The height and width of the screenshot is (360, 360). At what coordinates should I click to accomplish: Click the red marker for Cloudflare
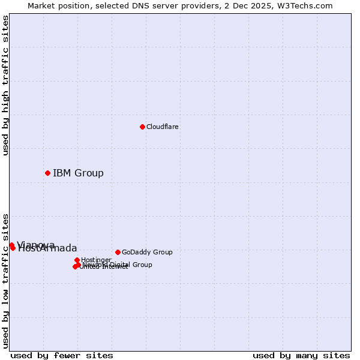[x=142, y=127]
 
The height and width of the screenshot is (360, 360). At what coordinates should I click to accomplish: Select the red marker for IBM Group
[x=47, y=173]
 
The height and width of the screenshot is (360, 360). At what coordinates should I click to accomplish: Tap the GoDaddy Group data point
[x=118, y=252]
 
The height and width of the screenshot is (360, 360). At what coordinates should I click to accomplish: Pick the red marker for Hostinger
[x=77, y=260]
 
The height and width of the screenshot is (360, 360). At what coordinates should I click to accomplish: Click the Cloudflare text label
[x=163, y=127]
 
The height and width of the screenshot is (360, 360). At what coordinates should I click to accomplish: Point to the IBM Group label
[x=78, y=173]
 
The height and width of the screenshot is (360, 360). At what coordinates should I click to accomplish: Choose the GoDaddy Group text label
[x=147, y=252]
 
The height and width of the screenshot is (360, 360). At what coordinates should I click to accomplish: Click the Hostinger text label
[x=96, y=260]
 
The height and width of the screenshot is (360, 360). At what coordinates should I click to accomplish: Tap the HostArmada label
[x=48, y=248]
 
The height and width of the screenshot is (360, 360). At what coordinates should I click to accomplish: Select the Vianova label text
[x=36, y=244]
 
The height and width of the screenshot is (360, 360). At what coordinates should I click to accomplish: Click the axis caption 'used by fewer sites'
[x=62, y=355]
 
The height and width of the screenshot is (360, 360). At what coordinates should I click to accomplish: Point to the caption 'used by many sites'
[x=301, y=355]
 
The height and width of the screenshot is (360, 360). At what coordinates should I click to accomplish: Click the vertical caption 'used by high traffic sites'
[x=6, y=85]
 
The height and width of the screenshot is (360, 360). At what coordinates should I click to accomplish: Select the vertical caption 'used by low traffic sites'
[x=6, y=280]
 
